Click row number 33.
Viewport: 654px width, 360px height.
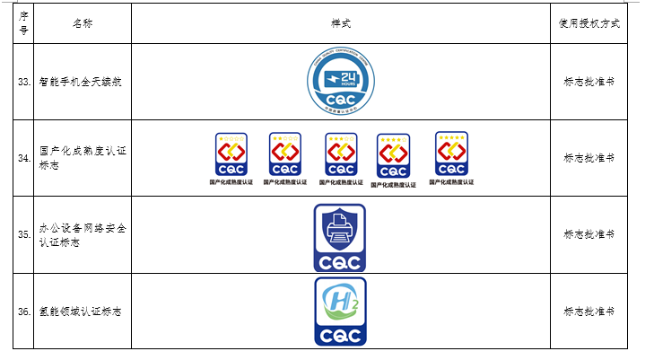[x=24, y=82]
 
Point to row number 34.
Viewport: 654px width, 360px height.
[x=24, y=158]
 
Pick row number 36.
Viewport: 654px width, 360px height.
[x=24, y=312]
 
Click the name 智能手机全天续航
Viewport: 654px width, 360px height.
[x=81, y=82]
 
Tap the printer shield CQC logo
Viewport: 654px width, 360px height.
[x=339, y=237]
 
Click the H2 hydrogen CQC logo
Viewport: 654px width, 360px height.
[x=339, y=312]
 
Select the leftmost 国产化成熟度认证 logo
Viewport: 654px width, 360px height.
[x=231, y=155]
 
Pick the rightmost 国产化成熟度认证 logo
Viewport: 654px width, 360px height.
[x=451, y=154]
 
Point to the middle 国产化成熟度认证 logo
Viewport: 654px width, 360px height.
[x=341, y=155]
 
